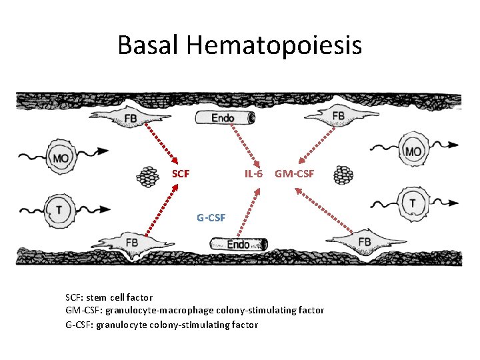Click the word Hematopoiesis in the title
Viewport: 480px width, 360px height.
[x=275, y=45]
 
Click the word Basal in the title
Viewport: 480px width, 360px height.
[x=149, y=45]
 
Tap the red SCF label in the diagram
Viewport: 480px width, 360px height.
[x=181, y=174]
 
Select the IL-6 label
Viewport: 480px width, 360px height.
[x=253, y=174]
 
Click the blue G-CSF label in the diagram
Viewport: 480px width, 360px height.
[x=211, y=217]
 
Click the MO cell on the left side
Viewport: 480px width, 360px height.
[x=61, y=158]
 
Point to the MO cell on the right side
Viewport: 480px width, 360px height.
[x=413, y=151]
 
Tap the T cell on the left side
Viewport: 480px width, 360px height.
[x=61, y=209]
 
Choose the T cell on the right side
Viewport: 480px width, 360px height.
[x=413, y=203]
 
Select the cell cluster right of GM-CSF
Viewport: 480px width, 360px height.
[x=343, y=175]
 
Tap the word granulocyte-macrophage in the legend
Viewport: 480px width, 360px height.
[x=155, y=311]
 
